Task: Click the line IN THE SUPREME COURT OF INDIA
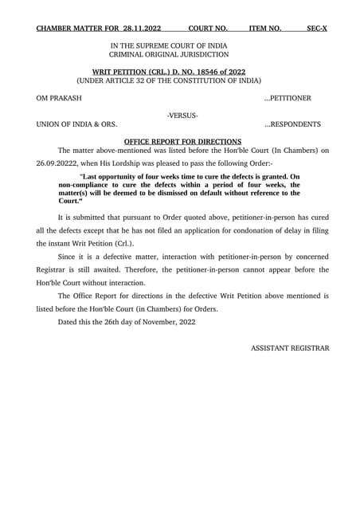(169, 45)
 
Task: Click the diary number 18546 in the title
(198, 73)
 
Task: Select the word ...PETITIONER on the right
(292, 98)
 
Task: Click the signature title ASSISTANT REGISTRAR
(289, 348)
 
